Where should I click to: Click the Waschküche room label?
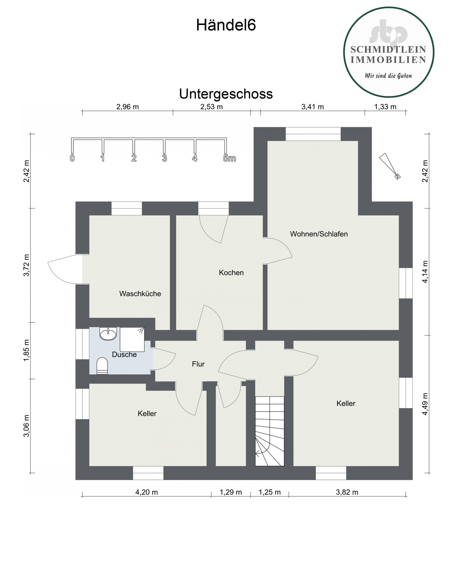pyautogui.click(x=140, y=294)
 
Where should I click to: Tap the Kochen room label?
pyautogui.click(x=231, y=273)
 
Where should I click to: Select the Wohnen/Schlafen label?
pyautogui.click(x=319, y=234)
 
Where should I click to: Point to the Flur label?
pyautogui.click(x=198, y=364)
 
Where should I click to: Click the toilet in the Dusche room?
pyautogui.click(x=102, y=366)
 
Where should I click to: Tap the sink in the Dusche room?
pyautogui.click(x=108, y=334)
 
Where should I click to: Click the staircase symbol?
pyautogui.click(x=270, y=431)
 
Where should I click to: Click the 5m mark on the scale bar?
pyautogui.click(x=229, y=159)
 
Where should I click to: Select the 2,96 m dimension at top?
pyautogui.click(x=127, y=107)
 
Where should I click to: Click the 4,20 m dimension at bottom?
pyautogui.click(x=147, y=492)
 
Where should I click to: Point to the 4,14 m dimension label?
pyautogui.click(x=425, y=272)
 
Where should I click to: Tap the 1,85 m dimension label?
pyautogui.click(x=27, y=350)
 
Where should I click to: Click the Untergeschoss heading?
pyautogui.click(x=226, y=94)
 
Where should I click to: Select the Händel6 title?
pyautogui.click(x=226, y=25)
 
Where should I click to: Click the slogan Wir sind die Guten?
pyautogui.click(x=388, y=75)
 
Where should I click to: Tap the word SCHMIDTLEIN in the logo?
pyautogui.click(x=388, y=50)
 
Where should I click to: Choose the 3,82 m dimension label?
pyautogui.click(x=347, y=492)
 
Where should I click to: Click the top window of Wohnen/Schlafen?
pyautogui.click(x=313, y=134)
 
